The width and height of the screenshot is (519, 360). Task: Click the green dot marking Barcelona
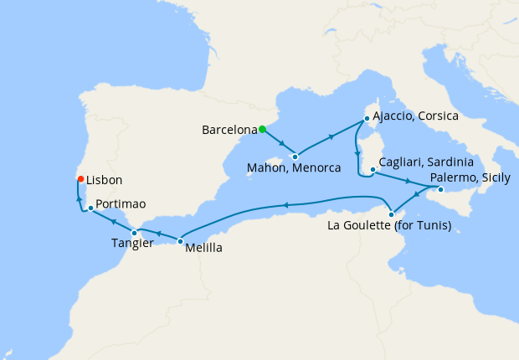click(262, 129)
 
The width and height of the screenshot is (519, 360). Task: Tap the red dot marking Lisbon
click(80, 178)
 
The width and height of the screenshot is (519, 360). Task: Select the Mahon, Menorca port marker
click(295, 156)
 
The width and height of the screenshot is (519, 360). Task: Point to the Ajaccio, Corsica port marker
click(365, 120)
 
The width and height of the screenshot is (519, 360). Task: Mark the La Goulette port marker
click(392, 214)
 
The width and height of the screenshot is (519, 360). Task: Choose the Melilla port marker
click(180, 241)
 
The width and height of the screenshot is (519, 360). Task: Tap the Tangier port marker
click(134, 232)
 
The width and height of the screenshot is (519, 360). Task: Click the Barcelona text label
click(229, 131)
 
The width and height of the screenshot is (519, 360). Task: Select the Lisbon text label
click(104, 180)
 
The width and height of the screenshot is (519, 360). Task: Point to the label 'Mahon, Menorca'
click(295, 168)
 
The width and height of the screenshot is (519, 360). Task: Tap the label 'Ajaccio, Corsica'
click(414, 116)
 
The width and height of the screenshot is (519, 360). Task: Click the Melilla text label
click(203, 248)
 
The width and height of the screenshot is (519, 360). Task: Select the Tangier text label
click(132, 244)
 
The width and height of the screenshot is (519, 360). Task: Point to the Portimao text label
click(121, 203)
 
